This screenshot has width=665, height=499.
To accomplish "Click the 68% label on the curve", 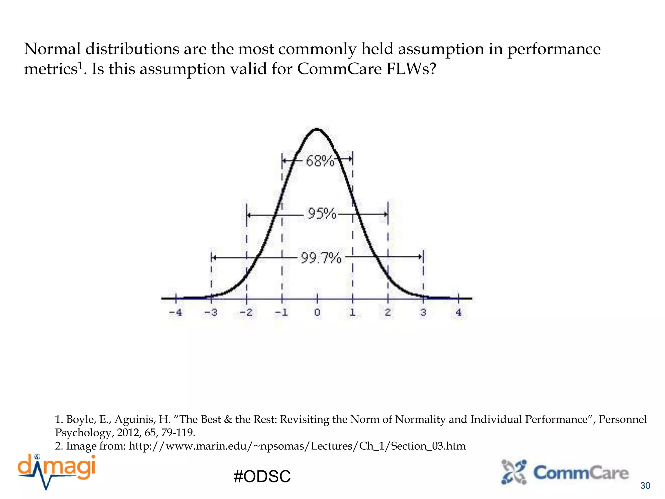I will tap(320, 161).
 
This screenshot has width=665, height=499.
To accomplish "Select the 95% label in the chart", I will tap(322, 214).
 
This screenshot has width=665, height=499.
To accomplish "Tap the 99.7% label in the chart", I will tap(321, 258).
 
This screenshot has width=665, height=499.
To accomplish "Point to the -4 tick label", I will tap(175, 313).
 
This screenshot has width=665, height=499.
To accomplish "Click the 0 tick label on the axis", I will tap(317, 313).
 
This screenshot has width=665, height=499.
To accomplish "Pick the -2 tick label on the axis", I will tap(246, 313).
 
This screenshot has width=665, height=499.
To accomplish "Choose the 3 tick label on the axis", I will tap(423, 313).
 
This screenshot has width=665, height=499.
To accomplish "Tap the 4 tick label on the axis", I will tap(458, 313).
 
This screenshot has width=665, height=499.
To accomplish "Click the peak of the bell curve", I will tap(317, 130).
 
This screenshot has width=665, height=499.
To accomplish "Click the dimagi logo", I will tap(57, 471).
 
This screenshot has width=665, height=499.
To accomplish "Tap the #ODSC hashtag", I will tap(262, 476).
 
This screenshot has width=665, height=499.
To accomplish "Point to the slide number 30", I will tap(645, 486).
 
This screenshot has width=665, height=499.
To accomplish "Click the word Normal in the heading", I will tap(52, 49).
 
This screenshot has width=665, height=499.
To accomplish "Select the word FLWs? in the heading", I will tap(411, 69).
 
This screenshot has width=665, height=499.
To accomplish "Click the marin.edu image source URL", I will tap(297, 446).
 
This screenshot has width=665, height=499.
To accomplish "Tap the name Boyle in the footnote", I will tap(81, 419).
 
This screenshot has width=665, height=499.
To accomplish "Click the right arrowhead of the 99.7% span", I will tap(420, 257).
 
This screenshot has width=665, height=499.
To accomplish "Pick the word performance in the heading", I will tap(554, 49).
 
